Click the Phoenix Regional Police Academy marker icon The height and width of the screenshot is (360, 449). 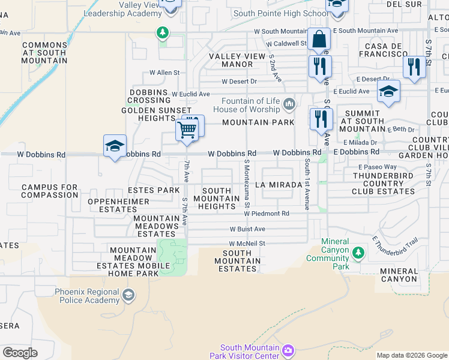click(x=128, y=295)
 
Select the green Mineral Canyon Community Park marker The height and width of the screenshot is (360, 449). click(x=358, y=253)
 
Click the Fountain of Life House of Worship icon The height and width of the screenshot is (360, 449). click(x=290, y=105)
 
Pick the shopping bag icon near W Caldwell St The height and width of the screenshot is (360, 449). click(x=319, y=40)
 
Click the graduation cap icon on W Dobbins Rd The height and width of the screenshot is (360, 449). click(x=115, y=146)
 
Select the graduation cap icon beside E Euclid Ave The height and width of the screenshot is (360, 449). click(x=388, y=92)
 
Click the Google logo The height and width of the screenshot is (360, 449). click(x=20, y=353)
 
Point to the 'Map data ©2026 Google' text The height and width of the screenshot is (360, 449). click(x=411, y=355)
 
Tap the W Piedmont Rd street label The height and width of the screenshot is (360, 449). click(x=267, y=214)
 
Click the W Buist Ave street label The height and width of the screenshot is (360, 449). click(x=247, y=229)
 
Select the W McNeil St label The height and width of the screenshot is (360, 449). click(x=247, y=244)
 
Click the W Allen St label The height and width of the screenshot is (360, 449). click(x=164, y=73)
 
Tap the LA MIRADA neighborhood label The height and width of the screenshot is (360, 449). click(x=278, y=185)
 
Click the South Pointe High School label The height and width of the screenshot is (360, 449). click(x=280, y=14)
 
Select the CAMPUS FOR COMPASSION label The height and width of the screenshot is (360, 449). click(x=50, y=191)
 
